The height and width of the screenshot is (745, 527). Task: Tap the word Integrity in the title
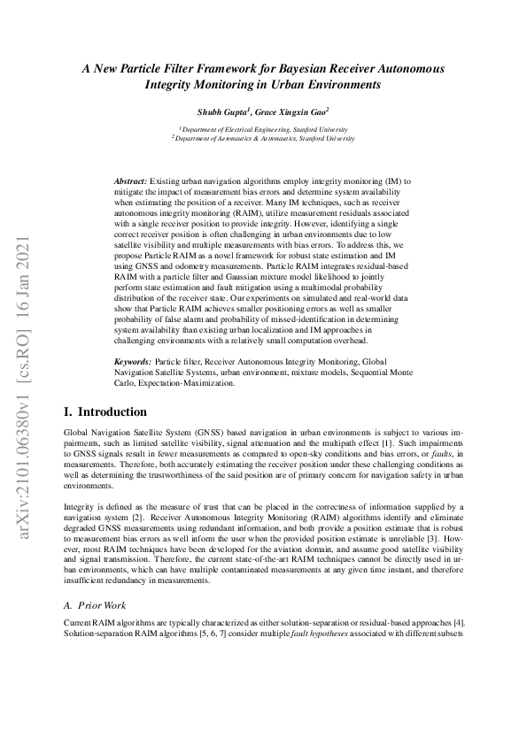(x=175, y=85)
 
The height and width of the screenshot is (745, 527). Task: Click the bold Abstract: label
(x=130, y=180)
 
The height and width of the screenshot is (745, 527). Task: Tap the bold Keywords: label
(x=133, y=363)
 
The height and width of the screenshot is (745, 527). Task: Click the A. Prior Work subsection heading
(x=96, y=605)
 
